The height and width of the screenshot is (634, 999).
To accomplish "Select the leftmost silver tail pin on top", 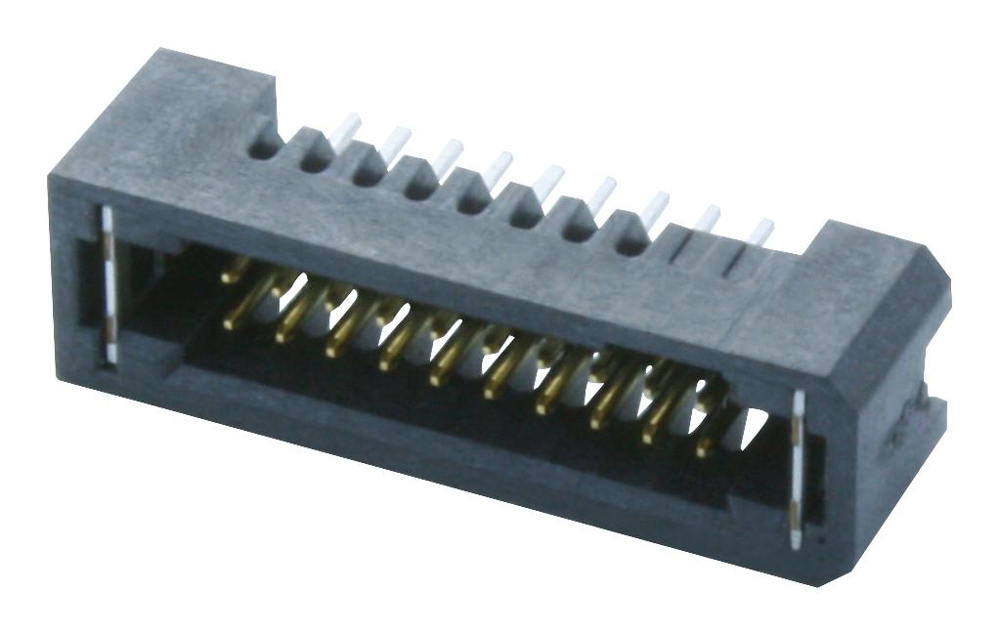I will [x=347, y=129].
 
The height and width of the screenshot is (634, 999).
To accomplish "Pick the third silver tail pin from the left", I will [x=448, y=154].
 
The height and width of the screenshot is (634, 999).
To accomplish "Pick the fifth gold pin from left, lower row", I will [x=442, y=369].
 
